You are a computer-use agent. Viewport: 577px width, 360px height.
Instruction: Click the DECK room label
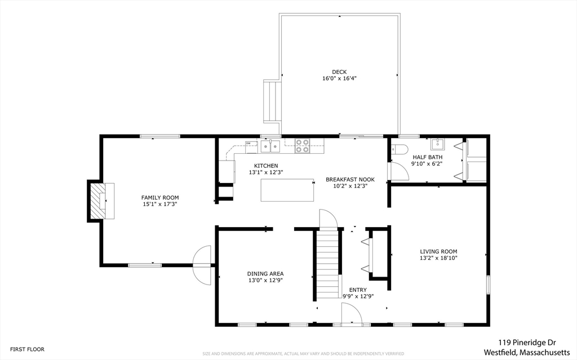click(x=339, y=72)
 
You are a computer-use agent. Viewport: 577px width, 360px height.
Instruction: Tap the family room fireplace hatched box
click(x=99, y=201)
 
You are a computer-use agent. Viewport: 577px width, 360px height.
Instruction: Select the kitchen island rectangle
click(x=287, y=190)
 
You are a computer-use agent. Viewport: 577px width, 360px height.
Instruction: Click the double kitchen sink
click(x=270, y=146)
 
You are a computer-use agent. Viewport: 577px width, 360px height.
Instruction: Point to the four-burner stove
click(x=302, y=145)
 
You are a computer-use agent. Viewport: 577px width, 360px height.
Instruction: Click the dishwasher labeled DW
click(x=251, y=146)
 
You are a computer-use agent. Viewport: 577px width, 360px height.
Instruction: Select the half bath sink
click(x=437, y=144)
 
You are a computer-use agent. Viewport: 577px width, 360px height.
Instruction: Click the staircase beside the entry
click(x=328, y=263)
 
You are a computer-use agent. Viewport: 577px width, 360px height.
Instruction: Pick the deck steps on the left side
click(x=273, y=102)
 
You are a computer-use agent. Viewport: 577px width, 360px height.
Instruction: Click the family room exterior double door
click(x=202, y=265)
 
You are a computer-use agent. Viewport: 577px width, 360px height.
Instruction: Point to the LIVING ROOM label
click(x=438, y=251)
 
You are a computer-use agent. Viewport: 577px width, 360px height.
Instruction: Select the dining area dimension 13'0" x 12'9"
click(x=265, y=280)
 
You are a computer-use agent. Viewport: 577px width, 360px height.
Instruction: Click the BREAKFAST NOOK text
click(x=350, y=180)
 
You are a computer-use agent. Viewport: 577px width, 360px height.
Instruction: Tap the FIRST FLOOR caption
click(x=27, y=349)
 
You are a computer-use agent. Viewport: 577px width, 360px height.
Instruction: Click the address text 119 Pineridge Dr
click(x=527, y=343)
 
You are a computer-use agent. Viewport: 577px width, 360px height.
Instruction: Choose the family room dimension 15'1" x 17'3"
click(x=160, y=204)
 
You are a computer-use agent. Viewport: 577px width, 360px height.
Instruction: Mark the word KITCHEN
click(x=266, y=166)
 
